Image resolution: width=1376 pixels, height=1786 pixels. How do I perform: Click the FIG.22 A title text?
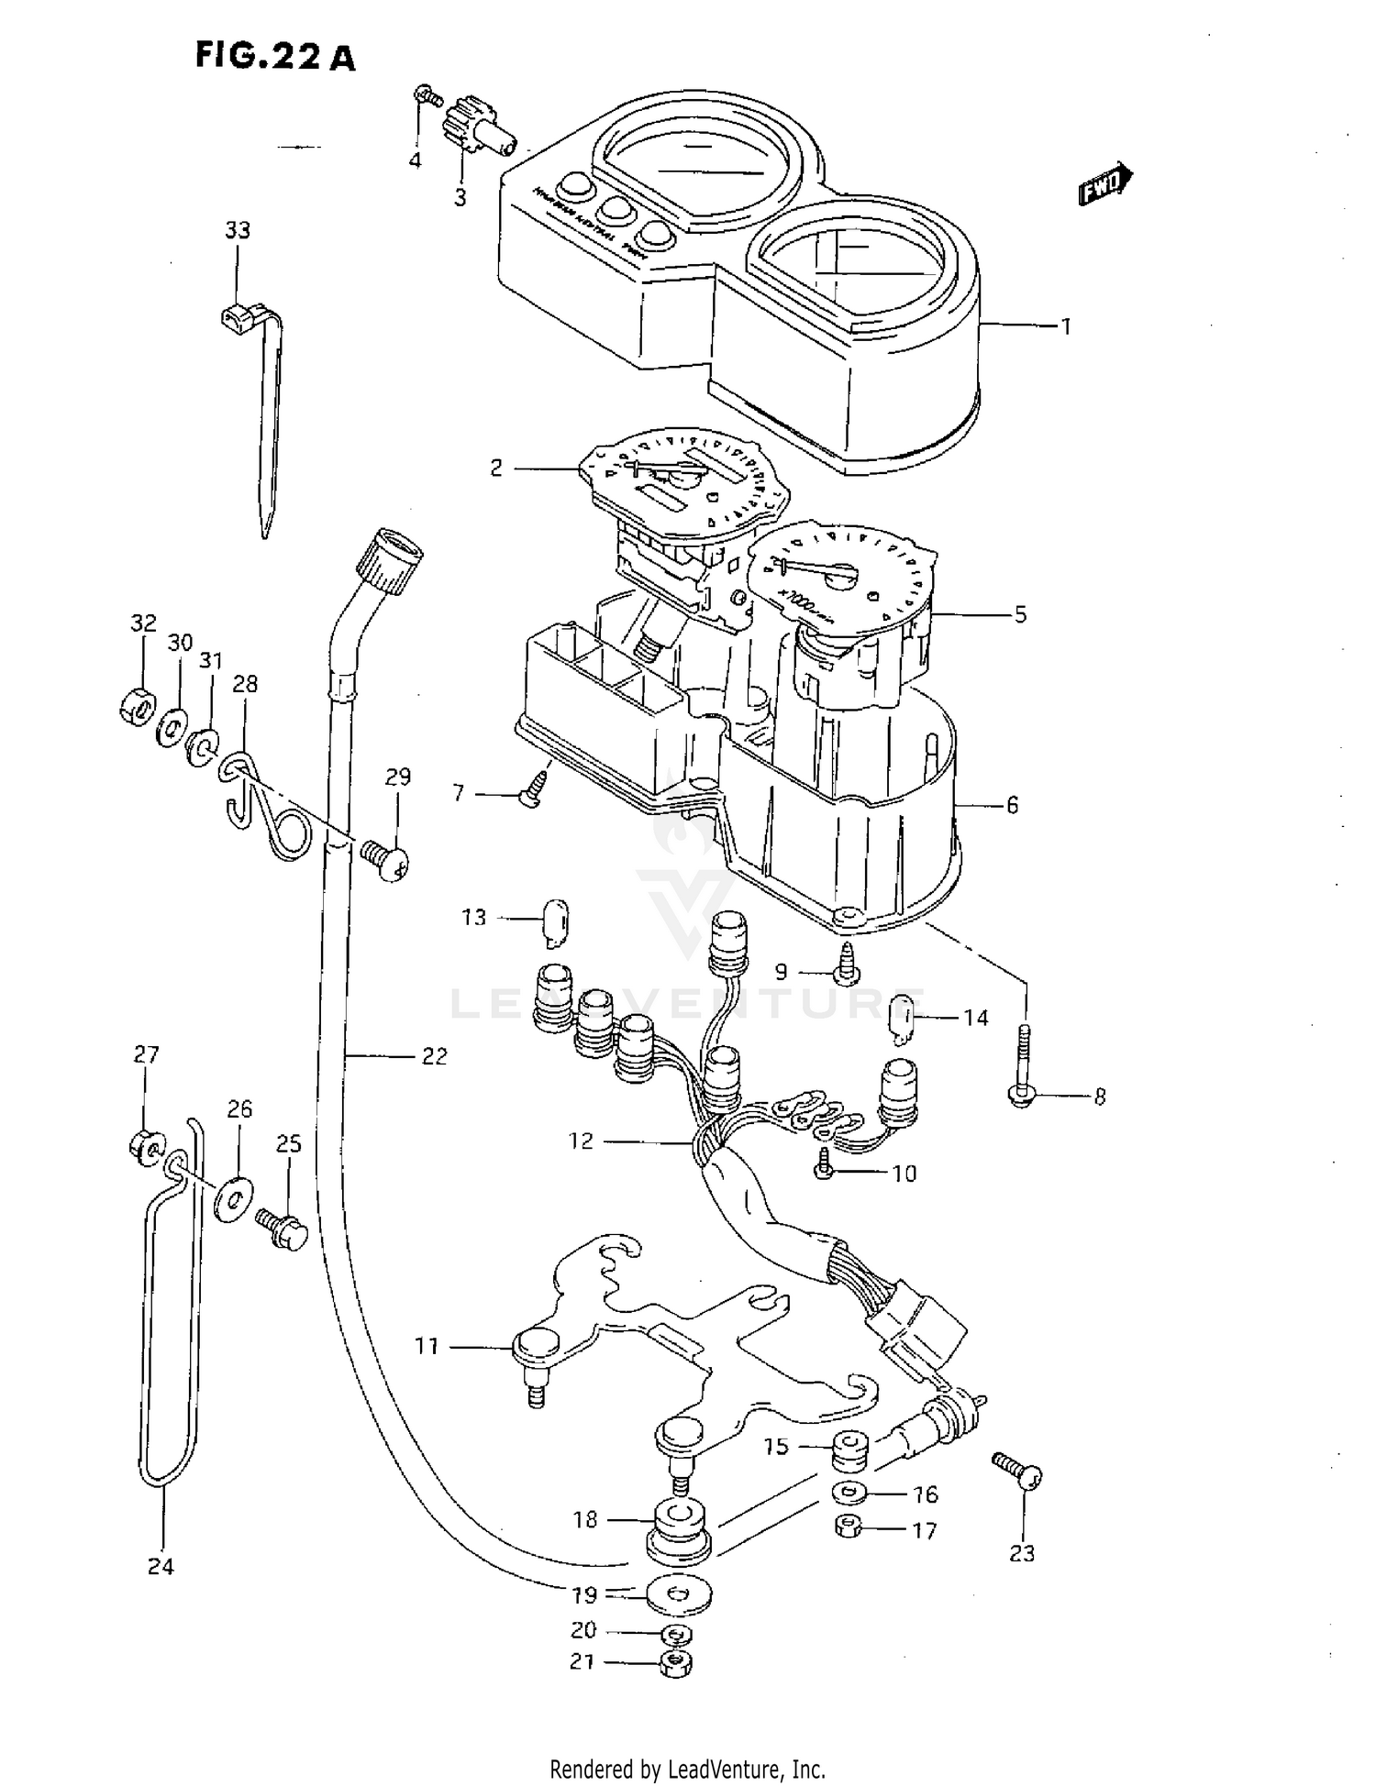274,57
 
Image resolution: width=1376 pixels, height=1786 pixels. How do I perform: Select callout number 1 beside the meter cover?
1066,325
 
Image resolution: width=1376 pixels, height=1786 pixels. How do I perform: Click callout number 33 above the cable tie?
238,229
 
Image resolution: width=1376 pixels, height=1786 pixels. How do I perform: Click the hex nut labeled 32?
138,704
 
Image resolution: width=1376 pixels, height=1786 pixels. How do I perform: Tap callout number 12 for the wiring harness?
582,1141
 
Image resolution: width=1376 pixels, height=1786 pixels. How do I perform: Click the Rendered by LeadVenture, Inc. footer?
687,1769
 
